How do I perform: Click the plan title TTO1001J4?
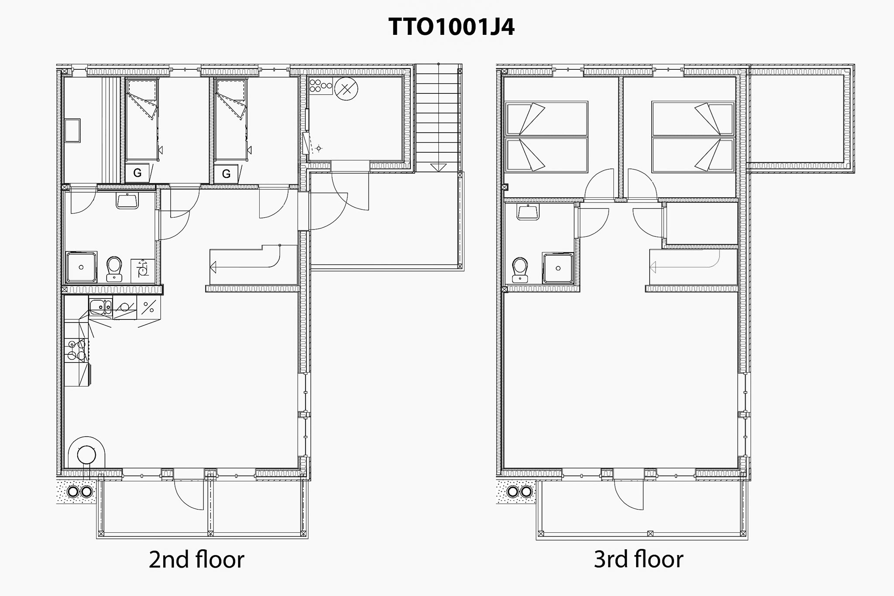tap(451, 27)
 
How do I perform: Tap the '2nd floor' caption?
tap(196, 559)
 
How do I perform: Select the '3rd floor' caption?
tap(638, 559)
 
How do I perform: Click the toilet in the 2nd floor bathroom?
tap(114, 269)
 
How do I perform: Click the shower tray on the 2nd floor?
tap(81, 267)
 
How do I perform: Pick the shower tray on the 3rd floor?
tap(558, 268)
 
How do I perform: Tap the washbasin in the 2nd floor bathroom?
tap(127, 201)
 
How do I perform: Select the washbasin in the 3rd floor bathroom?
tap(528, 212)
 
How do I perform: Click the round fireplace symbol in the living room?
tap(86, 455)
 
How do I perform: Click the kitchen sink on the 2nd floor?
tap(100, 307)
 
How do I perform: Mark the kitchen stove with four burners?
tap(76, 350)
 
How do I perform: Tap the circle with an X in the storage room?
tap(346, 89)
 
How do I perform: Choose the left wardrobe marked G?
tap(137, 173)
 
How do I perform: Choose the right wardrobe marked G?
tap(226, 174)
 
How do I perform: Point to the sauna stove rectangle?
tap(73, 130)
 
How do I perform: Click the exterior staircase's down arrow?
tap(438, 168)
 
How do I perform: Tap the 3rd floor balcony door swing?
tap(629, 495)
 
